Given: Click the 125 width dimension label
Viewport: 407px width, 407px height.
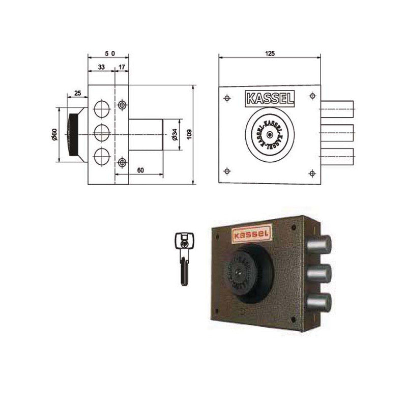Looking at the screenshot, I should coord(269,53).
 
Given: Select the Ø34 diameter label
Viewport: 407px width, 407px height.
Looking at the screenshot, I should coord(174,134).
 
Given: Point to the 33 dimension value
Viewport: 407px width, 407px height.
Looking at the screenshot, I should coord(101,66).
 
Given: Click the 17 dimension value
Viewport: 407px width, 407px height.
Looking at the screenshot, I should coord(122,66).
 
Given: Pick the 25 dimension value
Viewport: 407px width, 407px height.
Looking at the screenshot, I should coord(77,93).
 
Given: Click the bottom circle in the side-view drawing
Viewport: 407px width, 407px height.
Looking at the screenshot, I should coord(102,155).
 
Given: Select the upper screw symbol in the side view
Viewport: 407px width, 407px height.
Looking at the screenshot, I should coord(122,105).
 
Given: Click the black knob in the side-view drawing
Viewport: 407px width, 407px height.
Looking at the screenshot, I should coord(73,134).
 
